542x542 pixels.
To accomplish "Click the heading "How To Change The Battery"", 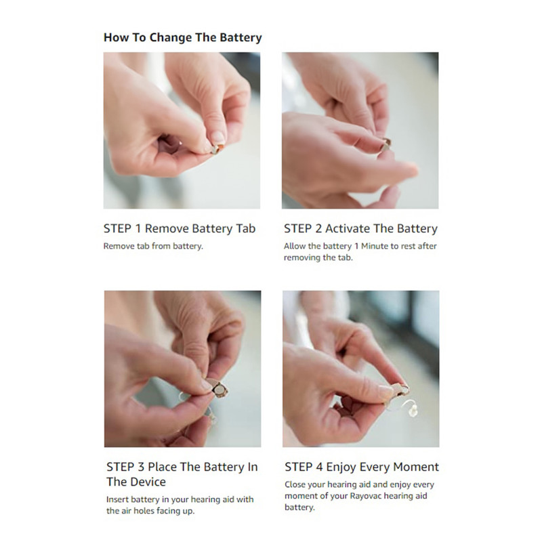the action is point(182,37).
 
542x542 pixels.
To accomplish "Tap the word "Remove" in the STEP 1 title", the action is point(167,228).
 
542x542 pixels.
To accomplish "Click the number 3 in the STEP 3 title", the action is point(141,467).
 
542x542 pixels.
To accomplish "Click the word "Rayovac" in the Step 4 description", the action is point(366,496).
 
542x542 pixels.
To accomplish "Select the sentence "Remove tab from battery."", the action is point(153,246).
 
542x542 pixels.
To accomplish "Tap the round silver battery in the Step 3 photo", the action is point(220,391).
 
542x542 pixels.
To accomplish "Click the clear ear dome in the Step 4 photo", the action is point(413,411).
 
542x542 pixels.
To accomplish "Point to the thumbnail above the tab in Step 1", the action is point(217,138).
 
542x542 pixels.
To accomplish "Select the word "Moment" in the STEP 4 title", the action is point(416,467).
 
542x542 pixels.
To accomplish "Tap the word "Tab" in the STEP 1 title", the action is point(246,228).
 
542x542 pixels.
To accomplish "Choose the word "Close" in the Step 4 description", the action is point(295,484).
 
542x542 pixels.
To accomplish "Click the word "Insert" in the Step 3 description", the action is point(117,499).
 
